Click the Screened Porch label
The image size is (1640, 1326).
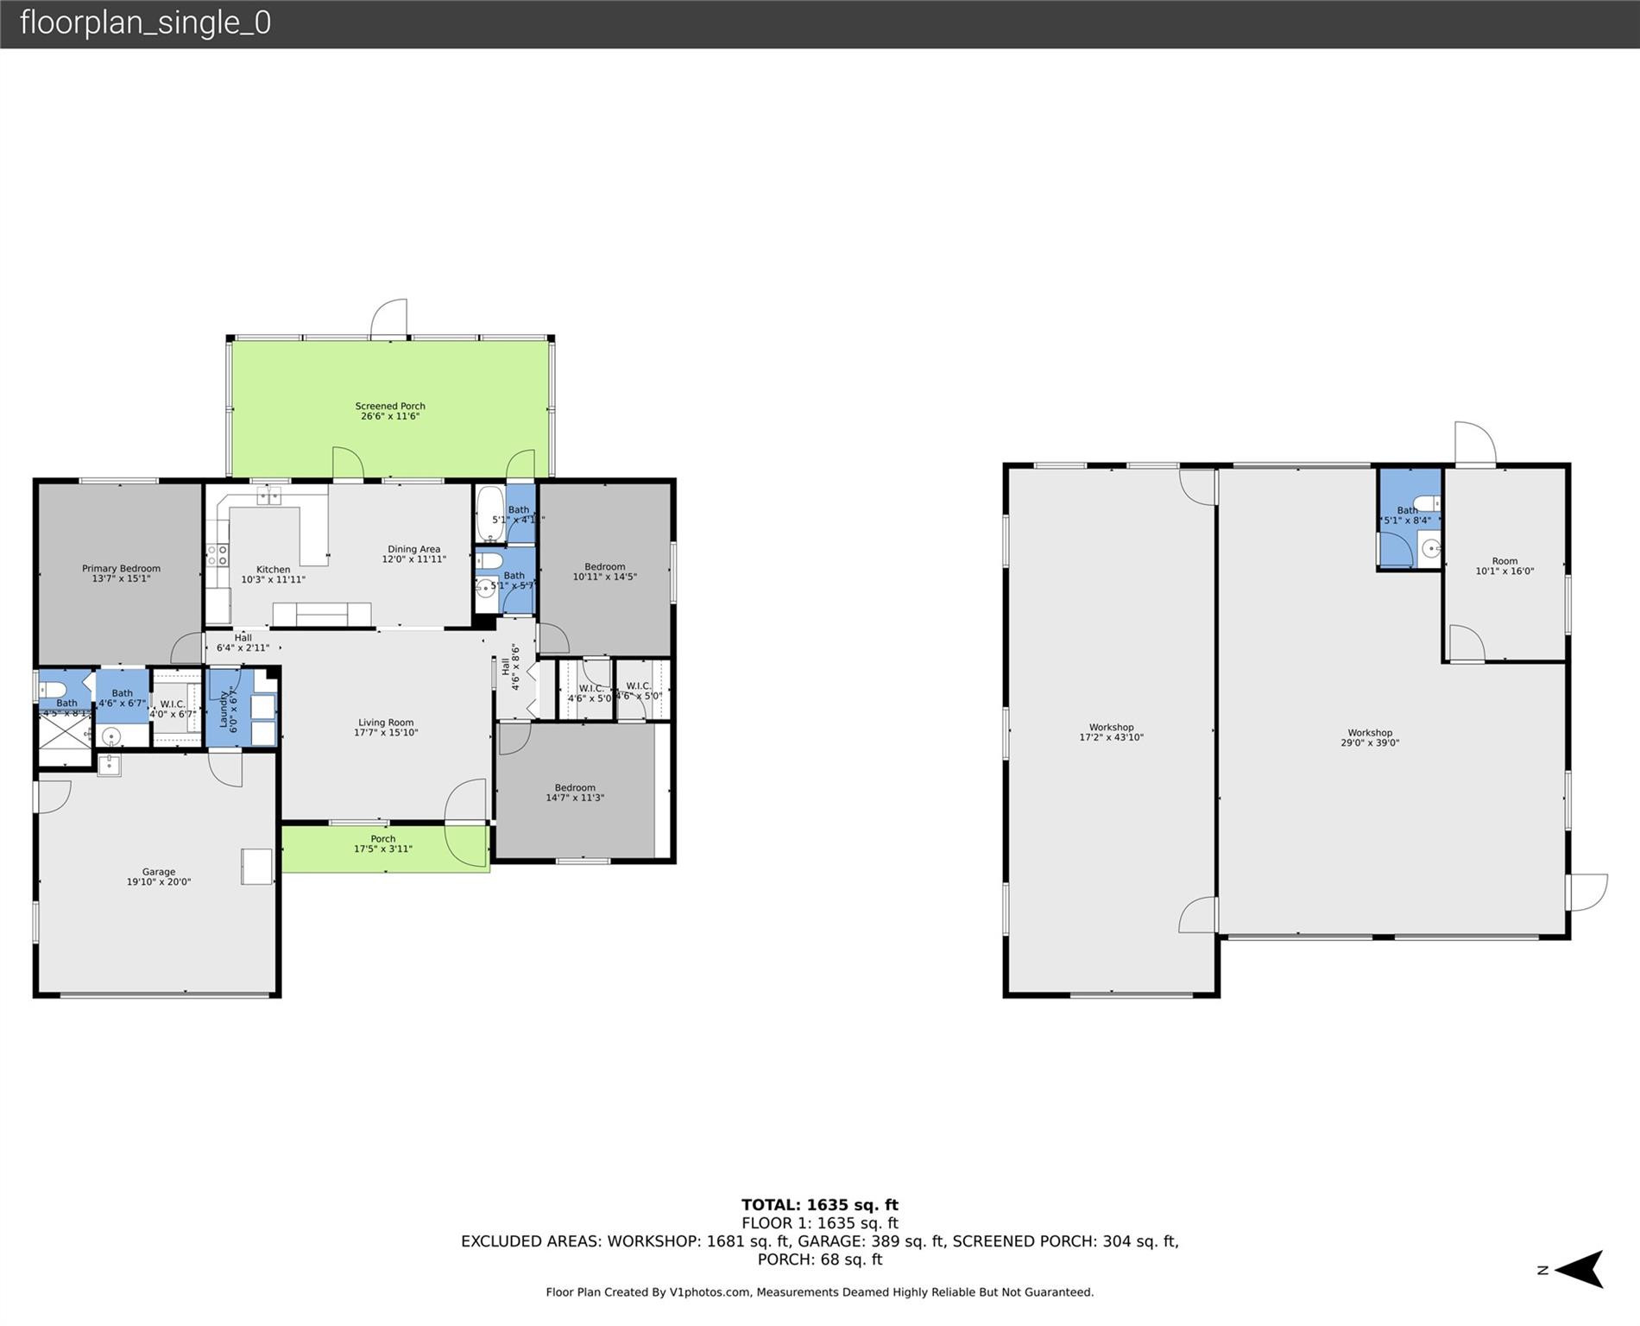point(390,411)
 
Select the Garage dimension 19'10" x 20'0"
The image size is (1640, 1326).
point(159,882)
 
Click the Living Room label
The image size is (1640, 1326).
point(386,728)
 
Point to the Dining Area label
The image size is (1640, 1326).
point(414,554)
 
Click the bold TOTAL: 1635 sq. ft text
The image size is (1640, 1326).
point(819,1205)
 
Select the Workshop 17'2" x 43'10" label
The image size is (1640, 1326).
point(1111,732)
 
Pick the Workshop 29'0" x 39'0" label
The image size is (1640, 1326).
point(1370,737)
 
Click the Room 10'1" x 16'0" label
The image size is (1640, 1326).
point(1504,566)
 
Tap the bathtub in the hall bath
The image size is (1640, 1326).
point(489,515)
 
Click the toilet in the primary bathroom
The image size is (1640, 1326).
point(53,690)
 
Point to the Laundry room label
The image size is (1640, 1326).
point(227,710)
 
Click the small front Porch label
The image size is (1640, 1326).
point(383,843)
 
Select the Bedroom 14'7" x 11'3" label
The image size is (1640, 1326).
point(575,792)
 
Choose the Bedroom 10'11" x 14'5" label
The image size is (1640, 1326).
point(604,571)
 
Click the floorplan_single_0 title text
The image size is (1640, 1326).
point(145,22)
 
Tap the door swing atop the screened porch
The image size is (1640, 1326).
point(389,319)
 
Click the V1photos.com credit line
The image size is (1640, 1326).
point(819,1292)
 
